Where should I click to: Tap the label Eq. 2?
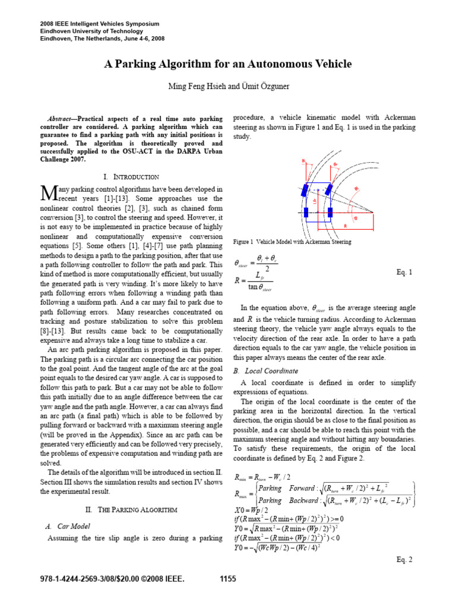click(x=404, y=559)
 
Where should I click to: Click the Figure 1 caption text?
click(x=292, y=242)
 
